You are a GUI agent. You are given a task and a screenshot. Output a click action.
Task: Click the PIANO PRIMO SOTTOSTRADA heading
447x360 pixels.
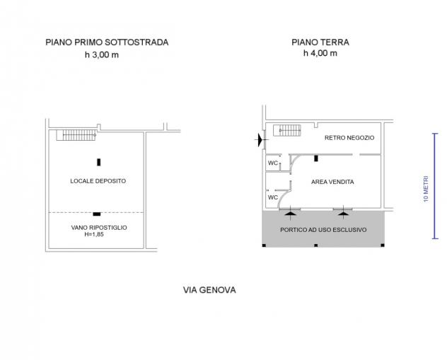pos(107,42)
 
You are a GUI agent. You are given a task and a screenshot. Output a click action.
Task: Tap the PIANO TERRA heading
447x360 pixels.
pos(320,42)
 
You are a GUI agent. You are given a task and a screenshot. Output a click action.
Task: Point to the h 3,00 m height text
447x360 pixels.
pos(102,54)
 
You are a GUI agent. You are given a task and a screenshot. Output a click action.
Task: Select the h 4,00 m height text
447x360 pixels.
pos(320,53)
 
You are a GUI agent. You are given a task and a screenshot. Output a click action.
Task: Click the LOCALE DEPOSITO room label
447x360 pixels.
pos(98,181)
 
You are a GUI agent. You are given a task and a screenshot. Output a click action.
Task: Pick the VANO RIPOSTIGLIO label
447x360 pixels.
pos(99,228)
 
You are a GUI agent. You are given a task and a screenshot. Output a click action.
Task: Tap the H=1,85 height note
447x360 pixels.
pos(94,234)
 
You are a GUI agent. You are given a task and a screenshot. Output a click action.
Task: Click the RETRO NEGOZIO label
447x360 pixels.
pos(349,138)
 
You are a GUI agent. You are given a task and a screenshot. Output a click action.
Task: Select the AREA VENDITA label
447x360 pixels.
pos(332,182)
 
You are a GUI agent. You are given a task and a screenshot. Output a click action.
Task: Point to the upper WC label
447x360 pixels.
pos(273,163)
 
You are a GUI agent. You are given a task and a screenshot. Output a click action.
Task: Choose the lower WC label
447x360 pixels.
pos(273,197)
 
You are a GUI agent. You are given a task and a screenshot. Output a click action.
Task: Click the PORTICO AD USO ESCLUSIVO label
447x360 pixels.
pos(323,230)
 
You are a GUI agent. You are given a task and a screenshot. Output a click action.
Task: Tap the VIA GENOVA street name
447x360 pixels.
pos(209,290)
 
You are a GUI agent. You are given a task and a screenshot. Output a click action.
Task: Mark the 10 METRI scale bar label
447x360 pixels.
pos(426,189)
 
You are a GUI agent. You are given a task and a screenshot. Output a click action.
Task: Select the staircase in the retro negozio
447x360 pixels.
pos(287,130)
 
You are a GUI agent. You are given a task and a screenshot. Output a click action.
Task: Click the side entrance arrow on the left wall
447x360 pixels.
pos(260,139)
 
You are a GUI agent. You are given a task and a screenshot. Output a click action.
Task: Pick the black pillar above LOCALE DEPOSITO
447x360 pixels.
pos(98,162)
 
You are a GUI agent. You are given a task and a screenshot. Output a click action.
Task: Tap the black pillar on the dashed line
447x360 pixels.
pos(97,214)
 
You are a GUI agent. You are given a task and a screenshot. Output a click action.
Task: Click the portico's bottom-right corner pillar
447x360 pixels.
pos(383,245)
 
